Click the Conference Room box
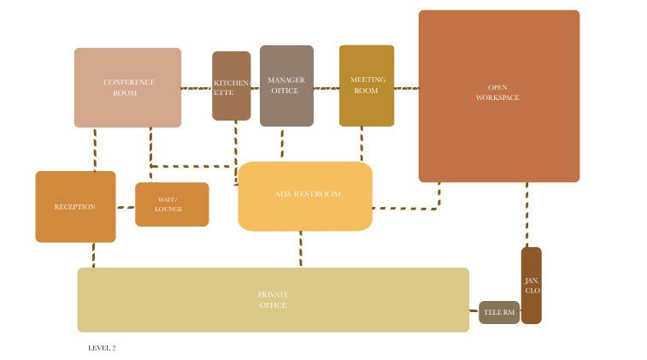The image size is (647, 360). point(127,87)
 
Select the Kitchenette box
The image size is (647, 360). point(231,86)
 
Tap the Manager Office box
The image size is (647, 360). point(286,86)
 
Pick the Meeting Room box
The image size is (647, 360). point(366,86)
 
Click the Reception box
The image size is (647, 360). point(75,207)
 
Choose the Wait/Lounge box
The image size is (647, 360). point(171,204)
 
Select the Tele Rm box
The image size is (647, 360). point(499,312)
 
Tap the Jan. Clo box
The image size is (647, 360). point(531,286)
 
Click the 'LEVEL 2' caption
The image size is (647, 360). point(102,348)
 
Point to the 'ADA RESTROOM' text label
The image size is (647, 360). point(308,194)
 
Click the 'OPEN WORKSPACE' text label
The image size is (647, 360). point(497,92)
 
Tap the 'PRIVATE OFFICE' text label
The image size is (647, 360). point(273,300)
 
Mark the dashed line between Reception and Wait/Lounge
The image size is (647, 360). point(125,207)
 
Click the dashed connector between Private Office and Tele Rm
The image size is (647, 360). point(473,311)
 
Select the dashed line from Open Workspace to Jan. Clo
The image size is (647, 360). point(526,214)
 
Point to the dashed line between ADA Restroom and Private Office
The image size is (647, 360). point(301,249)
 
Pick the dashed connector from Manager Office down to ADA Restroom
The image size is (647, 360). point(282,144)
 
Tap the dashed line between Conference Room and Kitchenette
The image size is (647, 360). point(197,88)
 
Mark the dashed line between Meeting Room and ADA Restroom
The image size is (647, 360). point(362,144)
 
